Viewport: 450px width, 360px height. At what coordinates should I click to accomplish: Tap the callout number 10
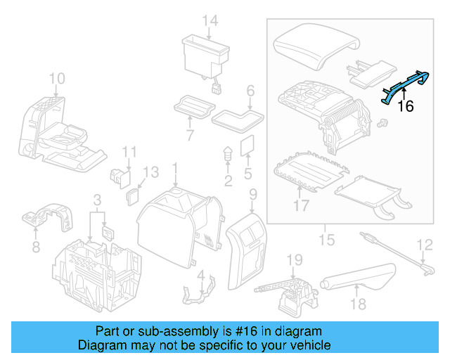click(x=57, y=78)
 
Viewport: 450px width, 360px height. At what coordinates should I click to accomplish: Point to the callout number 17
click(x=301, y=206)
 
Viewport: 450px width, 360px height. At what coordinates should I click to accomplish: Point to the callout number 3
click(x=98, y=201)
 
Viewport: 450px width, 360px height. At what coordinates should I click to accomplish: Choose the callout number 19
click(x=295, y=259)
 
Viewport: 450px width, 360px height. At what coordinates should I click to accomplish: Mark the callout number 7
click(x=189, y=134)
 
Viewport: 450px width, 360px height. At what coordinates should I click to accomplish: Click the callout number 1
click(x=176, y=169)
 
